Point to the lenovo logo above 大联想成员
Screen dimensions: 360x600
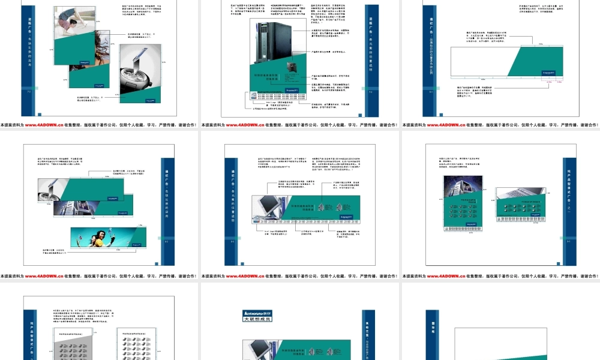tap(257, 313)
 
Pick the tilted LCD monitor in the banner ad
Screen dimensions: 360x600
tap(266, 207)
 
